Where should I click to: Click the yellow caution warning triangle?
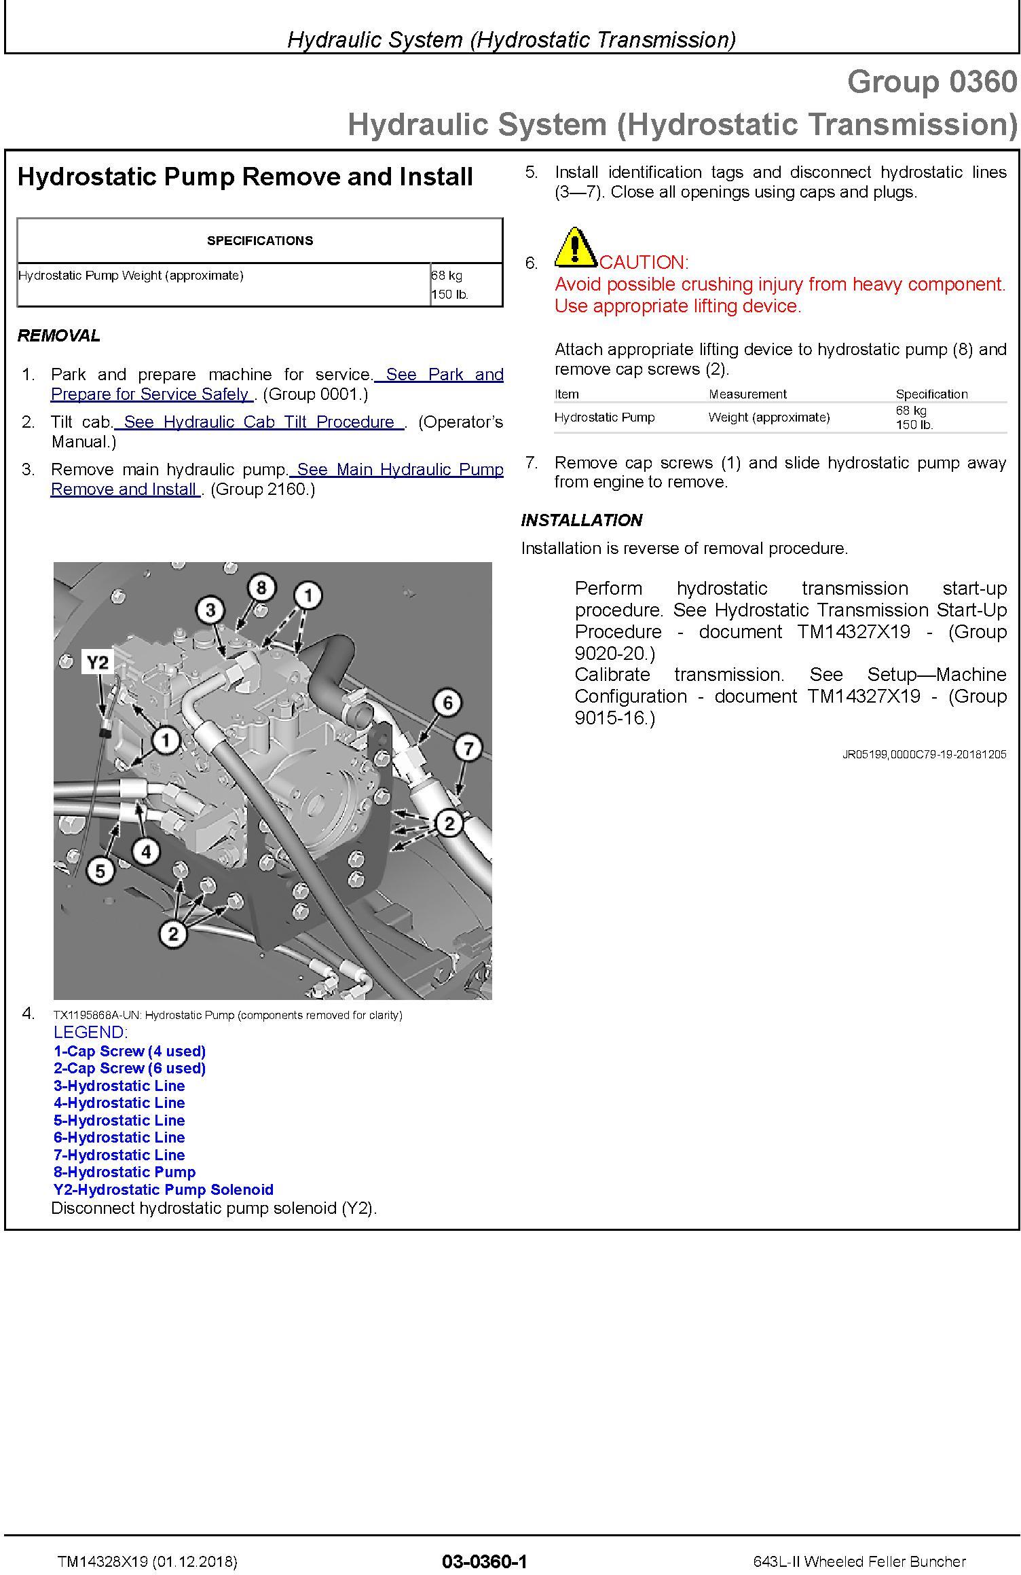pyautogui.click(x=575, y=248)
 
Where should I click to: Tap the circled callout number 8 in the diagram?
pyautogui.click(x=261, y=587)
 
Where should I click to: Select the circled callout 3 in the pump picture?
pyautogui.click(x=210, y=610)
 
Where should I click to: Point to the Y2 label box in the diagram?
pyautogui.click(x=98, y=662)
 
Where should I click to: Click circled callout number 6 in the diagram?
pyautogui.click(x=447, y=703)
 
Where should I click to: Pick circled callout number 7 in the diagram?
pyautogui.click(x=468, y=749)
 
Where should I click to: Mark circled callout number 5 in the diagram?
pyautogui.click(x=100, y=871)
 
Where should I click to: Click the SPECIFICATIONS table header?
pyautogui.click(x=260, y=241)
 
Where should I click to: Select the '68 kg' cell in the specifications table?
pyautogui.click(x=447, y=276)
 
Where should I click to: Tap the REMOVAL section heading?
pyautogui.click(x=59, y=335)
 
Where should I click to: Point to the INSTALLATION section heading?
pyautogui.click(x=582, y=520)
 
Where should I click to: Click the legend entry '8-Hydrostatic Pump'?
pyautogui.click(x=125, y=1172)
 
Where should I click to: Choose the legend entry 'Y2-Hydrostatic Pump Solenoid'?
pyautogui.click(x=164, y=1189)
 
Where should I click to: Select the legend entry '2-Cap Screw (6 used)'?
pyautogui.click(x=130, y=1068)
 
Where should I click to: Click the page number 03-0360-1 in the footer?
pyautogui.click(x=484, y=1561)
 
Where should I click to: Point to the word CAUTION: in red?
pyautogui.click(x=644, y=263)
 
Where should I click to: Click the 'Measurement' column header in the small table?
pyautogui.click(x=747, y=394)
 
